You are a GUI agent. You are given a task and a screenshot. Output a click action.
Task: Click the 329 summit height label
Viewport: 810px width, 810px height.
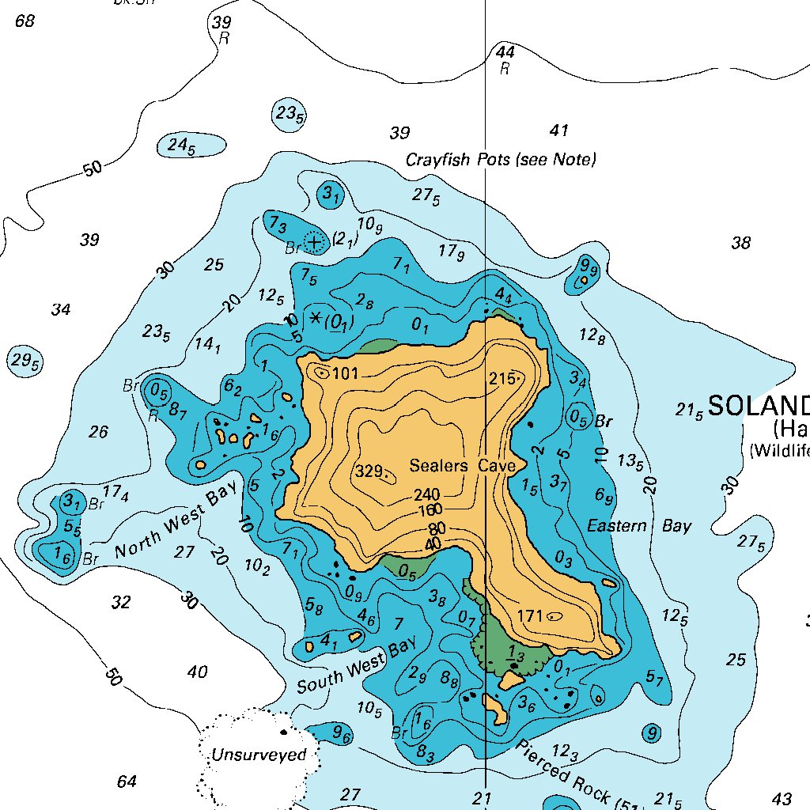click(369, 471)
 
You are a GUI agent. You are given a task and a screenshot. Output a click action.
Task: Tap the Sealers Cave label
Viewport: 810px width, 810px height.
click(462, 466)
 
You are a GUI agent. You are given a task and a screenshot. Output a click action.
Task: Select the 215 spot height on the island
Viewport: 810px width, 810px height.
click(502, 377)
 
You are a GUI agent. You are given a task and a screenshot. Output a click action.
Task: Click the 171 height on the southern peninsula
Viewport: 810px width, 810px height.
click(529, 615)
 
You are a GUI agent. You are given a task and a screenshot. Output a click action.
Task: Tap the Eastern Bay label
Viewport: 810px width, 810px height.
click(639, 526)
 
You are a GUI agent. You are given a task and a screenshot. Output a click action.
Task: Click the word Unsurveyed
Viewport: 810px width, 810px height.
click(258, 755)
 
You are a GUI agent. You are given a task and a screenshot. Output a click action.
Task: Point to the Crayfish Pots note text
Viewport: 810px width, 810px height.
click(501, 160)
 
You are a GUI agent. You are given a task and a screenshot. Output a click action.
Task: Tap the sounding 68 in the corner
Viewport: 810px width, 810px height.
click(25, 21)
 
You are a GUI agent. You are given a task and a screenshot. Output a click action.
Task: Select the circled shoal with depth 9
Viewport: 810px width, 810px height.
click(652, 733)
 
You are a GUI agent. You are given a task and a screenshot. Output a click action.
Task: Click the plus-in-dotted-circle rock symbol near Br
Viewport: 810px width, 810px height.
click(315, 241)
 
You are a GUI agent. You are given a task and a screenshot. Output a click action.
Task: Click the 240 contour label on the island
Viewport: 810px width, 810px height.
click(426, 495)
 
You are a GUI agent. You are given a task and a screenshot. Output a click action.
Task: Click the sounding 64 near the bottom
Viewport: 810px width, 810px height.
click(127, 782)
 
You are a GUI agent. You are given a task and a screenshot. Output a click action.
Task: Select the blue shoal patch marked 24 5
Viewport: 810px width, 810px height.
click(182, 146)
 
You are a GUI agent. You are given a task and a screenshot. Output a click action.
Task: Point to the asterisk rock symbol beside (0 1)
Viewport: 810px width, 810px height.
click(316, 318)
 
